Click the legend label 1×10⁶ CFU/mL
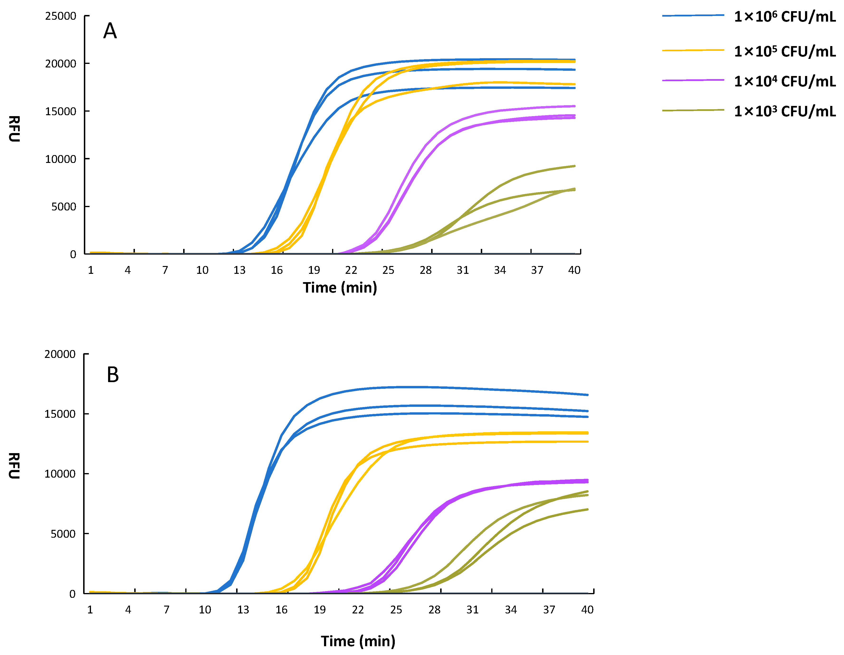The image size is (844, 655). coord(784,17)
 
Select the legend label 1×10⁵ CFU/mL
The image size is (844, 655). coord(784,51)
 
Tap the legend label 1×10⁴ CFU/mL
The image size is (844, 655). coord(784,81)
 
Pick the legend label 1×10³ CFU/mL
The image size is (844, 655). coord(784,111)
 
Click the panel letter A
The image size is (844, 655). coord(110,31)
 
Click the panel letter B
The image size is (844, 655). coord(113,375)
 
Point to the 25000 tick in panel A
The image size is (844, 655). coord(61,16)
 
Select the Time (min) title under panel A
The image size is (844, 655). coord(340,288)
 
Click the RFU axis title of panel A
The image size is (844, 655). coord(14,129)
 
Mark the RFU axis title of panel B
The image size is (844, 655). coord(14,466)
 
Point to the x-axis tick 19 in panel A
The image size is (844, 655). coord(314,270)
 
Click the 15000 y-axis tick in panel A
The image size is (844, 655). coord(61,111)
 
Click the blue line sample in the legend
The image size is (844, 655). coord(693,15)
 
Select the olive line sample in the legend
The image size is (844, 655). coord(693,110)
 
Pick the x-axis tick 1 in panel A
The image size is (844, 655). coord(91,270)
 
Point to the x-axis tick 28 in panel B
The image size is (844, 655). coord(434,610)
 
